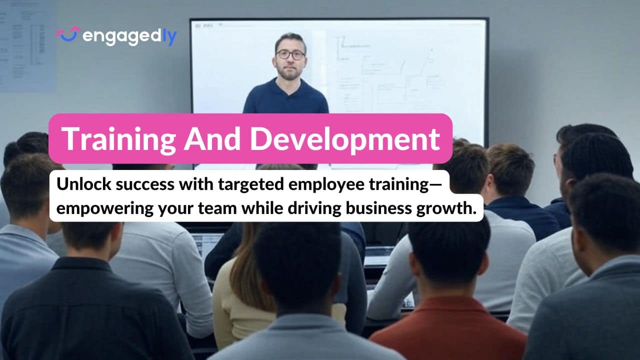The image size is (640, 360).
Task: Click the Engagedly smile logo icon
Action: coord(68,34)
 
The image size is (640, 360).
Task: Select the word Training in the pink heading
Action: coord(118,138)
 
